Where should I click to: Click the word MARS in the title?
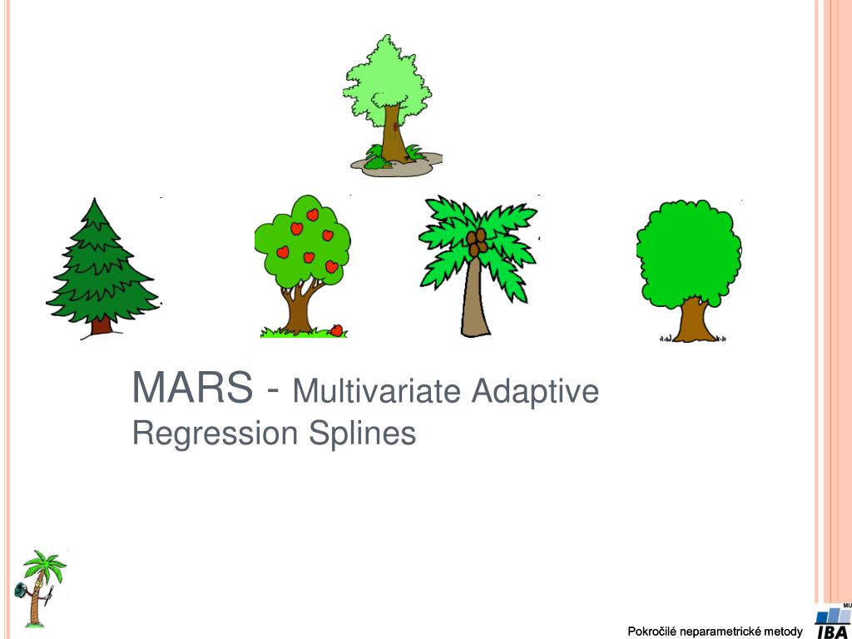[192, 389]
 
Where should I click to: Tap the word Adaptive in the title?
[534, 390]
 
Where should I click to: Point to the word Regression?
[215, 433]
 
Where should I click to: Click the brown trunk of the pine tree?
[102, 325]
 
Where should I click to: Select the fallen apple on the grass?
[337, 330]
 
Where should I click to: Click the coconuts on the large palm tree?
[478, 243]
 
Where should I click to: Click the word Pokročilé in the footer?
[652, 632]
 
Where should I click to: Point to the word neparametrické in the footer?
[722, 632]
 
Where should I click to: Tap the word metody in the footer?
[785, 632]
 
